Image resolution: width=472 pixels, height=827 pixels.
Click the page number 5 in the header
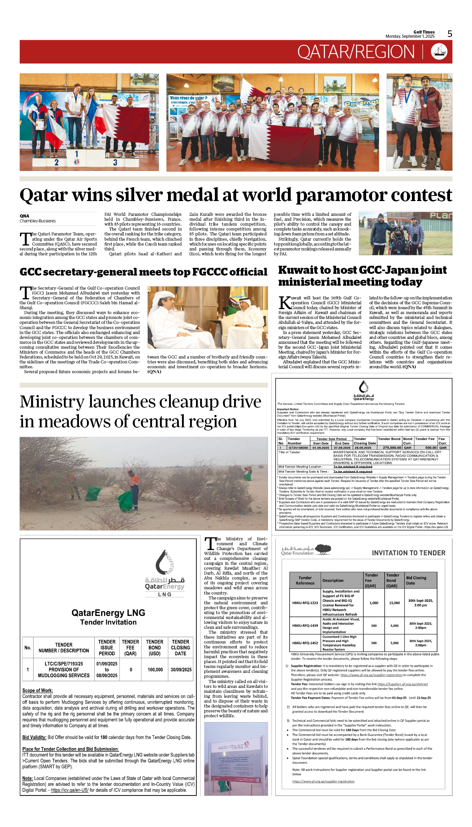450,34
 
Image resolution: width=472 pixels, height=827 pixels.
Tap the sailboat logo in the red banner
439,52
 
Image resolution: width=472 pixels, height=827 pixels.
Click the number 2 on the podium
57,162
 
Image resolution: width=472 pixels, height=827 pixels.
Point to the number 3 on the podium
115,162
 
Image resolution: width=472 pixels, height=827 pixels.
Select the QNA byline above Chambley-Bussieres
24,216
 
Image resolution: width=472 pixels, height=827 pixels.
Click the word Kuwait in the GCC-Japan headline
301,270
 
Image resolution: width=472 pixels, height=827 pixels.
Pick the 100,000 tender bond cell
155,670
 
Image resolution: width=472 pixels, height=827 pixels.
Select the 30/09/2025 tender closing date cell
181,670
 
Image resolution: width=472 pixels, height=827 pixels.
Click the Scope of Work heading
38,690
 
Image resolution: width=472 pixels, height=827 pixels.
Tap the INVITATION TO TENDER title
408,553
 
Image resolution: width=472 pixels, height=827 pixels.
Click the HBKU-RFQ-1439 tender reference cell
305,626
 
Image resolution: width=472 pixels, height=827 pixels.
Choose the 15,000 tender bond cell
394,603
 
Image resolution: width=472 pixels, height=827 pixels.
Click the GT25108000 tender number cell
298,448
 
